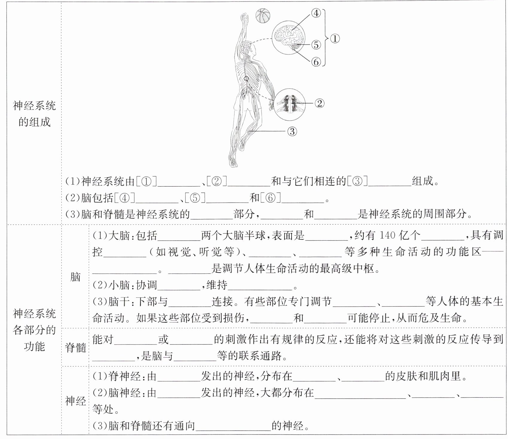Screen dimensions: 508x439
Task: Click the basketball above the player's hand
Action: point(263,16)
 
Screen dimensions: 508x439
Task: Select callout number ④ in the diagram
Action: point(316,13)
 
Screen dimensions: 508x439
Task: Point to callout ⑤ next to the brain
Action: point(316,45)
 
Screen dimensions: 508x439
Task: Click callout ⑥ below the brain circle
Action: point(316,62)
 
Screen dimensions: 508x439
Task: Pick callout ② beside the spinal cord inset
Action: point(319,104)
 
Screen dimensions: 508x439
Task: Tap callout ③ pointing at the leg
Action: point(292,131)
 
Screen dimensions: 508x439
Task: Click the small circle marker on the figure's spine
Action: point(246,79)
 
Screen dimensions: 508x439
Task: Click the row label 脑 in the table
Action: point(75,277)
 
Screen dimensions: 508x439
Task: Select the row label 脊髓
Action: point(75,347)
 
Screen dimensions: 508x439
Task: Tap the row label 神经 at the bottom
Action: point(75,401)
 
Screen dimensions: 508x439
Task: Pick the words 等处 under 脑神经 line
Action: point(103,409)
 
